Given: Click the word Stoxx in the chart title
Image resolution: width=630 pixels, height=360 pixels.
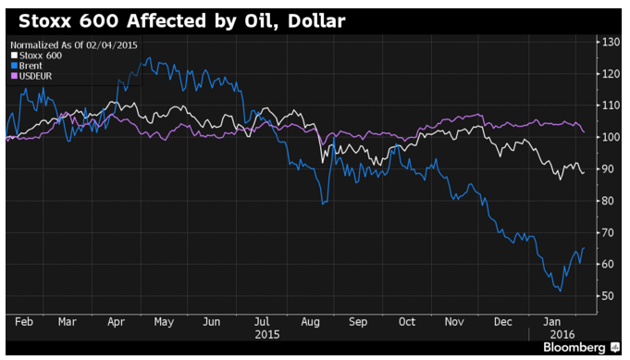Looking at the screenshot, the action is tap(44, 21).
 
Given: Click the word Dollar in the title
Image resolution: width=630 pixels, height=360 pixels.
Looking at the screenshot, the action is tap(316, 21).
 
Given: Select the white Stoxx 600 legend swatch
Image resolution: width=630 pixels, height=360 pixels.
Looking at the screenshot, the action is tap(14, 56).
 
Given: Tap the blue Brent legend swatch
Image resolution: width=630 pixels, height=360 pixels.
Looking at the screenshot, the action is tap(14, 66).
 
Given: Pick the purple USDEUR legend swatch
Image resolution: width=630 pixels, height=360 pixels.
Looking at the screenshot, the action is tap(14, 76).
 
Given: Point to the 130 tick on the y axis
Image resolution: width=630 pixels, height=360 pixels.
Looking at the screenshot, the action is tap(611, 42).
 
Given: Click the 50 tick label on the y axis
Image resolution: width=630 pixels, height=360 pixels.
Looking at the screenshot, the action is tap(608, 296).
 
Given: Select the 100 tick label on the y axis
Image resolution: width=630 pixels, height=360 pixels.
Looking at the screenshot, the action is tap(611, 137).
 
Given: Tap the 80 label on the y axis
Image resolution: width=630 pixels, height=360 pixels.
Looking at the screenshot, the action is tap(608, 201).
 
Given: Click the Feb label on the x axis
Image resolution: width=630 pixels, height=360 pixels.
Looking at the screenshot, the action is tap(24, 322).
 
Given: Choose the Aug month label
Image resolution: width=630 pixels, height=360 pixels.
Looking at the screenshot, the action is tap(310, 322).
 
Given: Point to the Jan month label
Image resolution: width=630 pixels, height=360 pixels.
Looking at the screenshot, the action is tap(551, 322).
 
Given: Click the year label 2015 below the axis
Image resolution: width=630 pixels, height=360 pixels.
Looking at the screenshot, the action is tap(267, 335).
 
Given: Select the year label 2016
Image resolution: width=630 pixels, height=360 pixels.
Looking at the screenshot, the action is tap(562, 335).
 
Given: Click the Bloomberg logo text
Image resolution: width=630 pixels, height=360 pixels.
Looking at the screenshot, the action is tap(574, 348).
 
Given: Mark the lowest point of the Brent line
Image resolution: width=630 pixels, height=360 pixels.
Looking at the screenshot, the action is tap(561, 292).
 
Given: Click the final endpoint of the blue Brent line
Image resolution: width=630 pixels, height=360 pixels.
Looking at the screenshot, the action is tap(584, 248).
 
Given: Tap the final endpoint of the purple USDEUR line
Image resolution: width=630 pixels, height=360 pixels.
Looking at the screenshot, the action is tap(584, 132).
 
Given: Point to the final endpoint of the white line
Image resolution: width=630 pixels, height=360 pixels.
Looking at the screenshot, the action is tap(584, 173).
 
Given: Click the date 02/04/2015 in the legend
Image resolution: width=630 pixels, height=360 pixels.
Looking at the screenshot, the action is tap(112, 45).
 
